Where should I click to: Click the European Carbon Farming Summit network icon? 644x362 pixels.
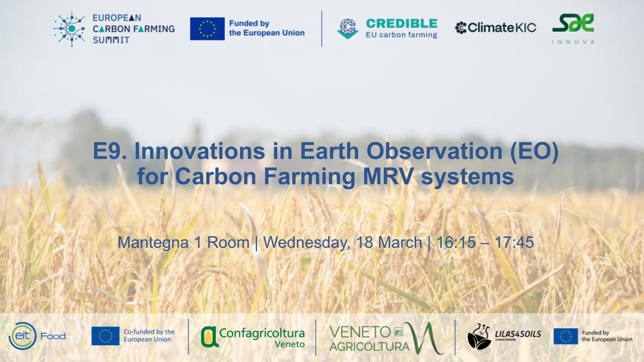tap(69, 29)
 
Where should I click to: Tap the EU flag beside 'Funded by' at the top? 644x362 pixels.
tap(207, 29)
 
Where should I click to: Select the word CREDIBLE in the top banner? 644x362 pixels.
tap(401, 23)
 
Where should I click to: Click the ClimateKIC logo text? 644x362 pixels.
tap(496, 28)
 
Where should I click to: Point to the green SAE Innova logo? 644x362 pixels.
tap(573, 23)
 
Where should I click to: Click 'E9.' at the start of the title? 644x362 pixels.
tap(109, 152)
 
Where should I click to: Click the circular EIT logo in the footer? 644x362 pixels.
tap(22, 336)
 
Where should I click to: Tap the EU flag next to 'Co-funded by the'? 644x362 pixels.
tap(105, 336)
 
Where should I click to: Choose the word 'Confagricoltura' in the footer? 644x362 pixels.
tap(262, 333)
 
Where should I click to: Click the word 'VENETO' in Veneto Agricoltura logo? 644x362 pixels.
tap(360, 332)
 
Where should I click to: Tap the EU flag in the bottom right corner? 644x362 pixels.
tap(566, 336)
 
